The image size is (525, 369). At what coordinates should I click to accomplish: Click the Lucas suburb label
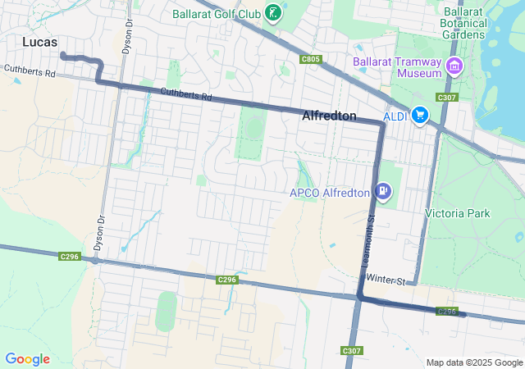tap(40, 41)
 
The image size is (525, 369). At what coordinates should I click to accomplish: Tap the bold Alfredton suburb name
tap(329, 116)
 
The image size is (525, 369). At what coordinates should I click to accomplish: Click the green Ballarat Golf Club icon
tap(273, 13)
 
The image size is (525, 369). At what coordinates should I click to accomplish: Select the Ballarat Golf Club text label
tap(217, 13)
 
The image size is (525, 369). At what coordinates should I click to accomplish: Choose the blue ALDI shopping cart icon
tap(420, 116)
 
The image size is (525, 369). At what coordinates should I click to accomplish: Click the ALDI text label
tap(395, 116)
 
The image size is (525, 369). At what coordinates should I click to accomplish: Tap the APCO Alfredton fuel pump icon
tap(381, 193)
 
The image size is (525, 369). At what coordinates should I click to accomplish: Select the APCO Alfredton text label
tap(330, 194)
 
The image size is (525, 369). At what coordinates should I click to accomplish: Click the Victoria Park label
tap(457, 213)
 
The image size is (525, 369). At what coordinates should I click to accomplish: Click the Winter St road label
tap(386, 280)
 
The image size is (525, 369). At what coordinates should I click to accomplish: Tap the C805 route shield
tap(311, 59)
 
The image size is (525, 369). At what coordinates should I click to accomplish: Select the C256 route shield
tap(446, 312)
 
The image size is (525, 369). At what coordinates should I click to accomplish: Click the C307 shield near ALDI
tap(446, 98)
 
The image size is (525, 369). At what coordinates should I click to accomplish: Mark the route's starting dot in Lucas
tap(63, 55)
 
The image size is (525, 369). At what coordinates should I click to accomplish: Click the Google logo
tap(27, 359)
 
